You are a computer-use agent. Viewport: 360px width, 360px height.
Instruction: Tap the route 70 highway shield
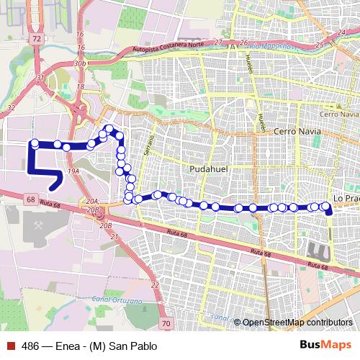[x=166, y=325]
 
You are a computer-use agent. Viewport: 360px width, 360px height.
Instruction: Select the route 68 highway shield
[x=30, y=199]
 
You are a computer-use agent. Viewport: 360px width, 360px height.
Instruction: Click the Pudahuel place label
[x=207, y=168]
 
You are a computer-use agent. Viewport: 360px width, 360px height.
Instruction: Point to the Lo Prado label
[x=346, y=197]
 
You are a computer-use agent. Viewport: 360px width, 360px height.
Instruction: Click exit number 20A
[x=91, y=201]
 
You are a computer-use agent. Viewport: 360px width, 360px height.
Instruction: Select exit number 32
[x=9, y=107]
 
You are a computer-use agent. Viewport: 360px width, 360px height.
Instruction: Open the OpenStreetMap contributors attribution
[x=297, y=323]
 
